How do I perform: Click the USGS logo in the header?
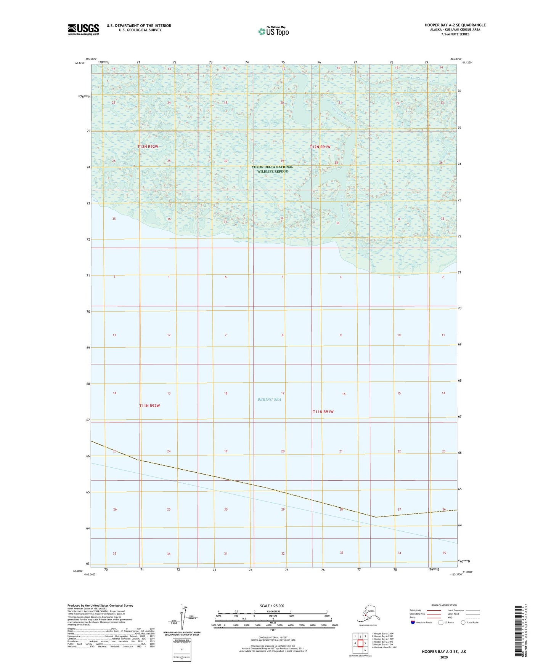[x=83, y=29]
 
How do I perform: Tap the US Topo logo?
[x=273, y=31]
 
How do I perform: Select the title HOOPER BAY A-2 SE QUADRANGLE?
[x=455, y=25]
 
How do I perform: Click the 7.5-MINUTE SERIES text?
[x=455, y=34]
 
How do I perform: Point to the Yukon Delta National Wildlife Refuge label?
[x=272, y=169]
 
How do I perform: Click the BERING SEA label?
[x=269, y=400]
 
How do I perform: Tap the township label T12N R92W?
[x=148, y=147]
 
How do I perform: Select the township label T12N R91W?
[x=320, y=147]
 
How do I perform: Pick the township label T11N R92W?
[x=149, y=406]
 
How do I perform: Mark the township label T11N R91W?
[x=323, y=412]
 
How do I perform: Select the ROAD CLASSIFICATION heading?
[x=444, y=605]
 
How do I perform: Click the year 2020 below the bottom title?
[x=444, y=657]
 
